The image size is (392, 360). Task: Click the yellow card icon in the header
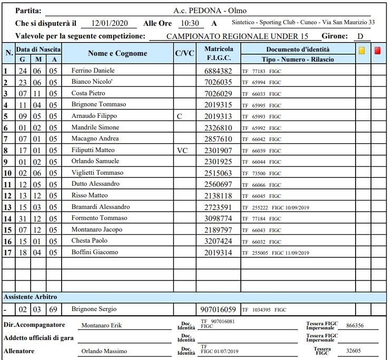pyautogui.click(x=362, y=51)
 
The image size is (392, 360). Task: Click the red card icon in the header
pyautogui.click(x=378, y=51)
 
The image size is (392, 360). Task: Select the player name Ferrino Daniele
pyautogui.click(x=93, y=71)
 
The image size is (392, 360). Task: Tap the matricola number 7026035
pyautogui.click(x=218, y=82)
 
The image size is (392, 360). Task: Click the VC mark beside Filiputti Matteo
pyautogui.click(x=182, y=150)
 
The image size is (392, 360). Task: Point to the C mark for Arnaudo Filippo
pyautogui.click(x=180, y=116)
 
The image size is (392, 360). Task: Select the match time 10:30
pyautogui.click(x=189, y=24)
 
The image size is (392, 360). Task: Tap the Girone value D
pyautogui.click(x=360, y=36)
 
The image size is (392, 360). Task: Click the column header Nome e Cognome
pyautogui.click(x=117, y=54)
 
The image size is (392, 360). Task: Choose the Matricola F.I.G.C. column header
pyautogui.click(x=219, y=53)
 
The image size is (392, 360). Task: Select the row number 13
pyautogui.click(x=7, y=207)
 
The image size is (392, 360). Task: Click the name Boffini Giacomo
pyautogui.click(x=95, y=252)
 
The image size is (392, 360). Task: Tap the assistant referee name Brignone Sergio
pyautogui.click(x=94, y=309)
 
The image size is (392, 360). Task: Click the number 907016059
pyautogui.click(x=218, y=309)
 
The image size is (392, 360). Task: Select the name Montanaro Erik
pyautogui.click(x=101, y=325)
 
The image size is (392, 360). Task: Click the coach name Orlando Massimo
pyautogui.click(x=104, y=351)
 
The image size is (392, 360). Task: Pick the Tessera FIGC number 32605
pyautogui.click(x=354, y=351)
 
